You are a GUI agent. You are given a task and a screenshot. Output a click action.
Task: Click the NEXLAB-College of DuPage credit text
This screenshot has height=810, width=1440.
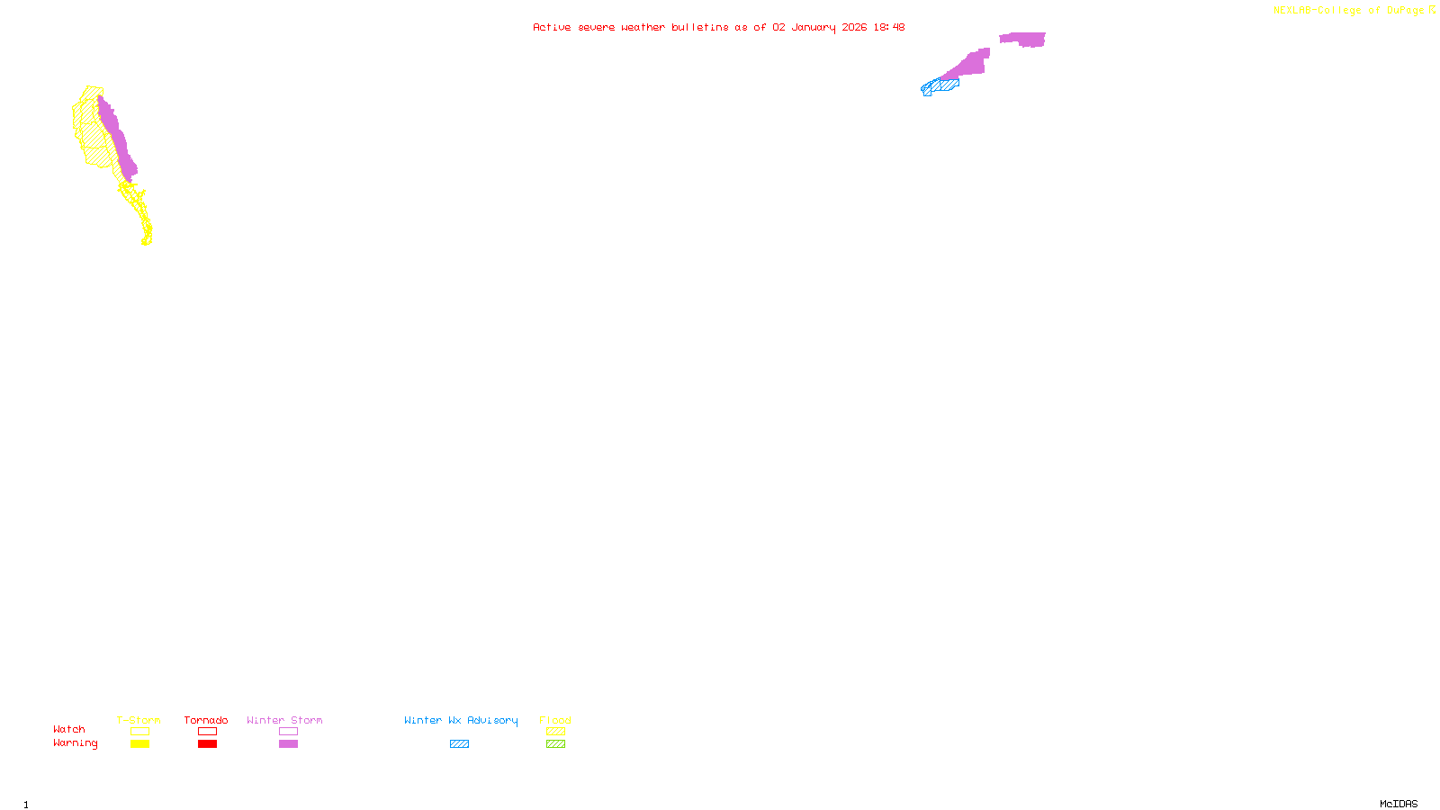1350,11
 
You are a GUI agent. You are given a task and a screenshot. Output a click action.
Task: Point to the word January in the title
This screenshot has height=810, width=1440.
813,27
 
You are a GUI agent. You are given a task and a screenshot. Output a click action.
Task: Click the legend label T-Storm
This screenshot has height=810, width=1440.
139,720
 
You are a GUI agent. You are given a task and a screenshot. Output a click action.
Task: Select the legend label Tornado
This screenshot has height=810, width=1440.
206,720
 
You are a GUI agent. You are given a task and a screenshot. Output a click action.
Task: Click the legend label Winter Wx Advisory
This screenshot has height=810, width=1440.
461,720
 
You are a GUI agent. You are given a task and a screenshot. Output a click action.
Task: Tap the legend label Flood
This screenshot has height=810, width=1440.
555,720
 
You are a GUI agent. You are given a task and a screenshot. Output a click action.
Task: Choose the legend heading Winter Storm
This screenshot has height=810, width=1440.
284,720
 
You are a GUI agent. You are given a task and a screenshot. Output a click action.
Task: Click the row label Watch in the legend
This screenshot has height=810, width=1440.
69,729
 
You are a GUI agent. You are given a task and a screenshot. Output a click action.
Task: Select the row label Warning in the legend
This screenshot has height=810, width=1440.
76,743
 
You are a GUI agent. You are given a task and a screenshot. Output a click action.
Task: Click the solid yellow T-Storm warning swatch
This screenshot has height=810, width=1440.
139,744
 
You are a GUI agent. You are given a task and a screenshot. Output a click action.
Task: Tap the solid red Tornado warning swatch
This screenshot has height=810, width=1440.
207,744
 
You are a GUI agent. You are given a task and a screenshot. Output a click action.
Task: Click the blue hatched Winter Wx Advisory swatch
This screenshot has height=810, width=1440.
459,744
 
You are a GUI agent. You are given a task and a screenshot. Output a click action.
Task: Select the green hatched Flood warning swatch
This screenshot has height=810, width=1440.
555,744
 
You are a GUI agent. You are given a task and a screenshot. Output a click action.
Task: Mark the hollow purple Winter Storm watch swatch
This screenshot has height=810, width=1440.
288,732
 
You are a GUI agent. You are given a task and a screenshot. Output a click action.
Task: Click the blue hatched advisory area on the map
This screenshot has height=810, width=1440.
942,86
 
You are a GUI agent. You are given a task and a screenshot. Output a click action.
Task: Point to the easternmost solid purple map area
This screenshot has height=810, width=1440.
1024,39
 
